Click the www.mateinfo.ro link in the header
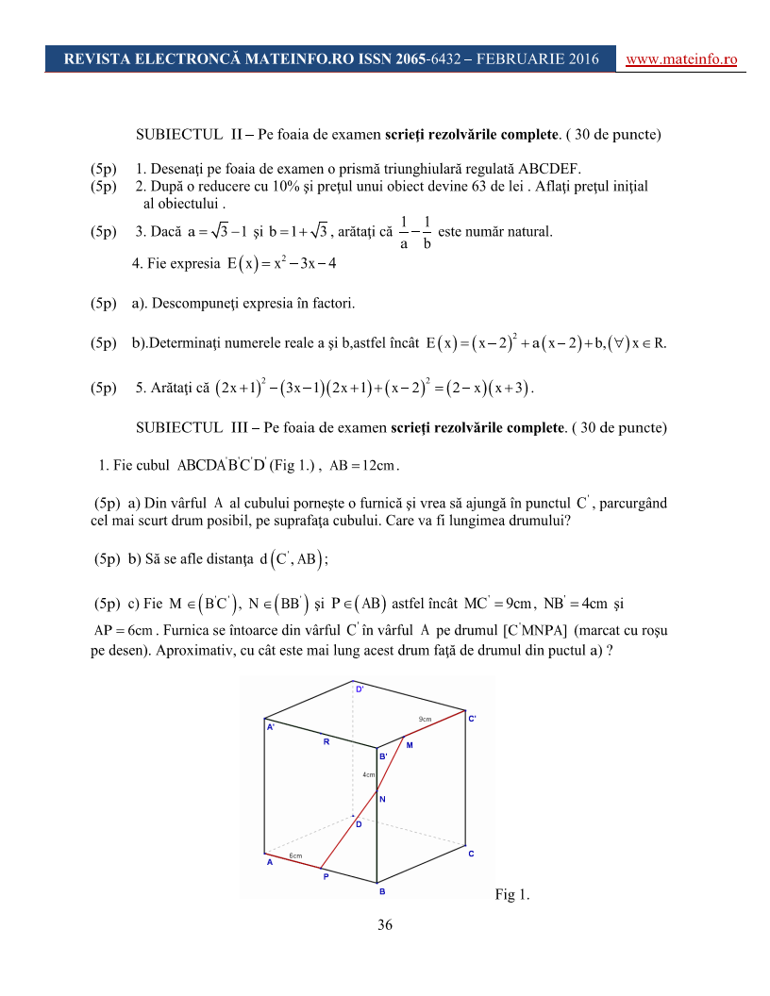coord(681,58)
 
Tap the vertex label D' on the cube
coord(360,689)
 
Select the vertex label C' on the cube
coord(473,718)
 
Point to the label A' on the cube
coord(271,727)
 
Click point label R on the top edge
coord(326,741)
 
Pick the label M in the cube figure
coord(410,745)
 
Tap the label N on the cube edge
coord(382,799)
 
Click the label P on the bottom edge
coord(326,876)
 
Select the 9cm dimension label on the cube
coord(425,720)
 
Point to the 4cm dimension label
coord(369,774)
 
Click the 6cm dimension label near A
coord(295,855)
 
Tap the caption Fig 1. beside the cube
coord(511,895)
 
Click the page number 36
coord(385,924)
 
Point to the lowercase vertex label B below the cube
coord(381,890)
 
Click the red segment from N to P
coord(350,832)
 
